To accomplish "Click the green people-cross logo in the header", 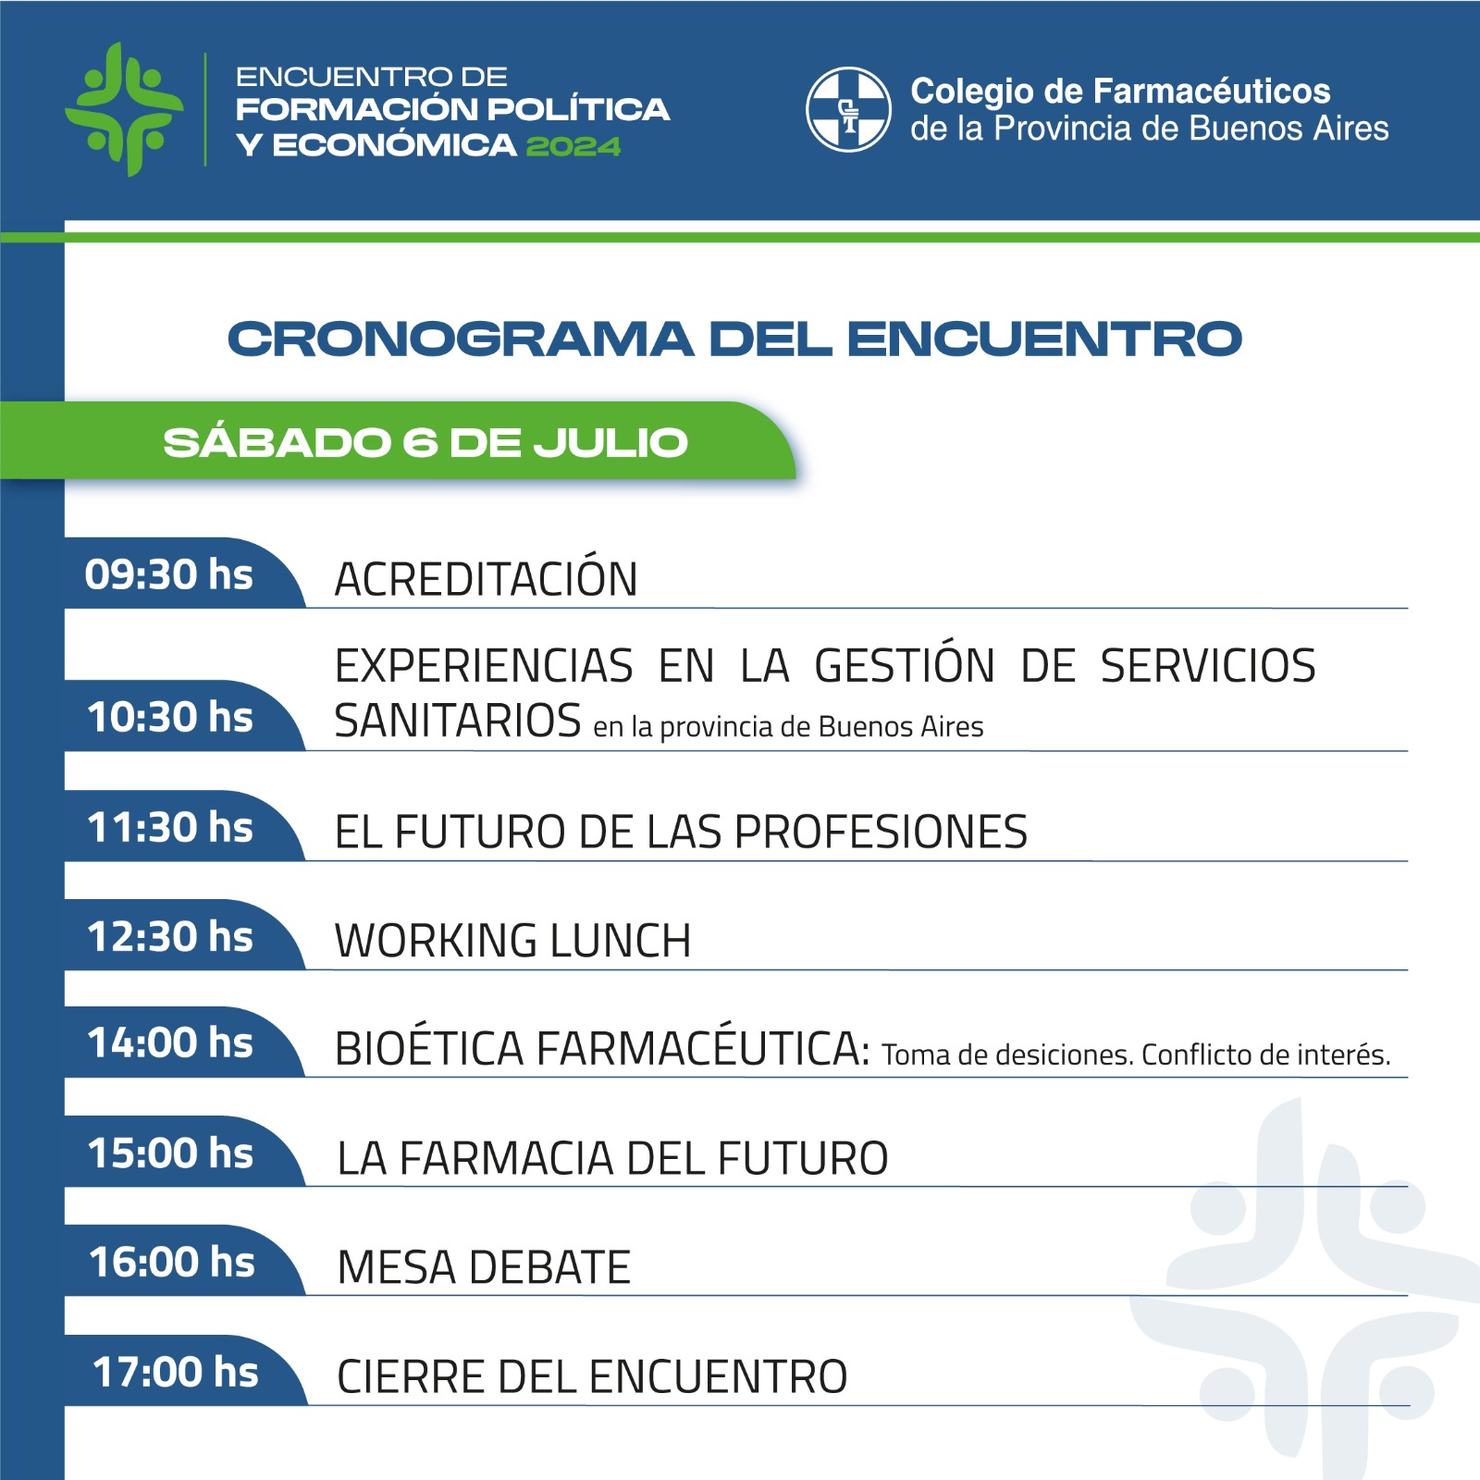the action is point(124,109).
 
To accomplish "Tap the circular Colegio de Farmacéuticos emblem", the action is point(848,109).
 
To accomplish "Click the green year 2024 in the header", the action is point(573,146).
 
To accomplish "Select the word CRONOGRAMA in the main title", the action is point(461,339).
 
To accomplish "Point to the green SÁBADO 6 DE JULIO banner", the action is point(398,441).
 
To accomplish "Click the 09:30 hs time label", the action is point(169,574).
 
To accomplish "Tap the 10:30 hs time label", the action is point(170,717).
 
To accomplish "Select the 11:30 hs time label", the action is point(170,827).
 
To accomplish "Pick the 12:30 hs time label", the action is point(170,936).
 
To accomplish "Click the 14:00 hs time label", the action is point(170,1042).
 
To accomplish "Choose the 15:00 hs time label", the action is point(171,1153).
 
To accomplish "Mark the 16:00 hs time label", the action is point(172,1262).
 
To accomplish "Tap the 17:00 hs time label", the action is point(176,1372).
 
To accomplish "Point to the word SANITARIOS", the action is point(458,721).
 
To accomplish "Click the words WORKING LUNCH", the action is point(513,941).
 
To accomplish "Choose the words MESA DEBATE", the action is point(484,1267).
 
